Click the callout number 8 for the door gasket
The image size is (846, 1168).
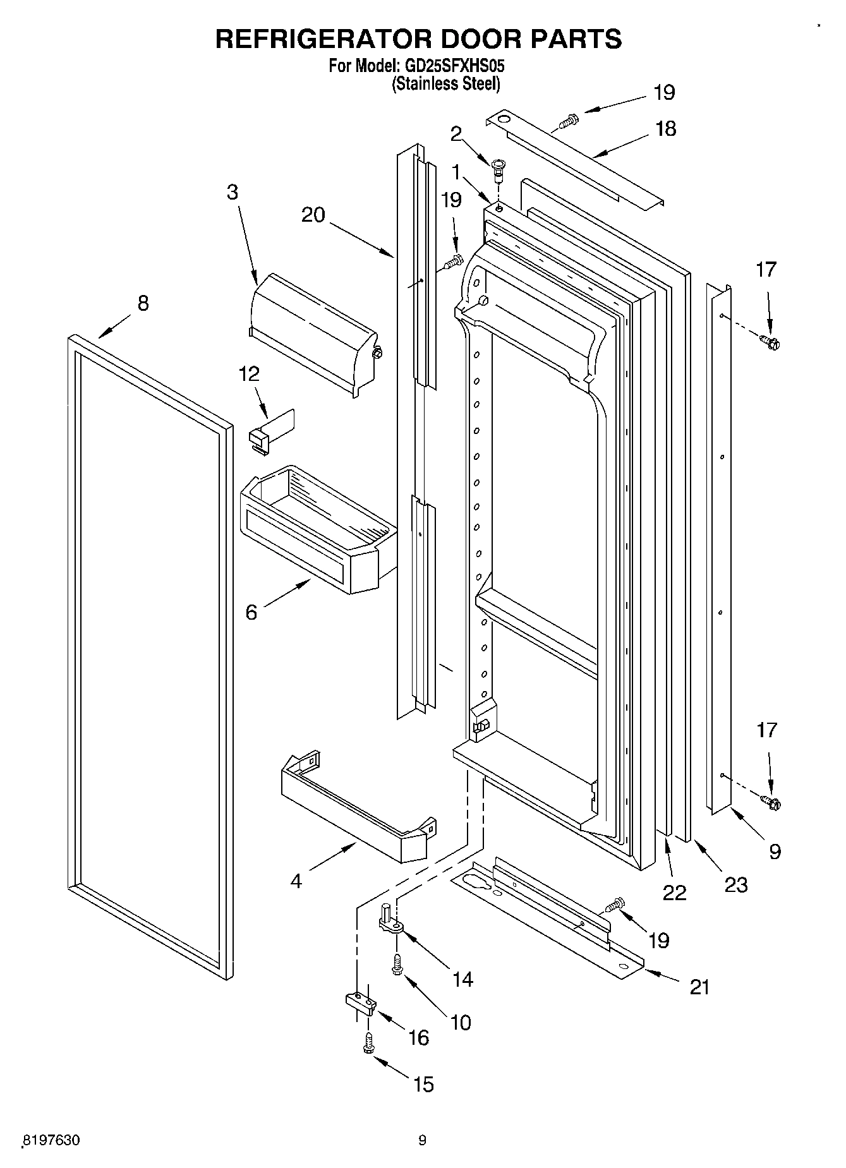143,303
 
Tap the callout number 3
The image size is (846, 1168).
233,192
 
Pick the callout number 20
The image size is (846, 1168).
313,215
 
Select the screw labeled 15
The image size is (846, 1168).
368,1044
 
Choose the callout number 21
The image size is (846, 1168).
699,987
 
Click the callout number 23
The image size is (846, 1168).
735,884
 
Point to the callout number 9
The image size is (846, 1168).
775,852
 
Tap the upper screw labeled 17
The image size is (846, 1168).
771,342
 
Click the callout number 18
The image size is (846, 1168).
665,129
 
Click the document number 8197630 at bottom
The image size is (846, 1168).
51,1140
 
